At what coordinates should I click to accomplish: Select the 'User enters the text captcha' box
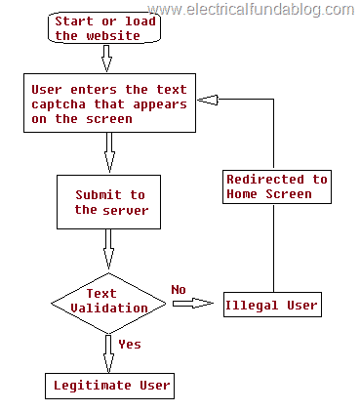tap(107, 103)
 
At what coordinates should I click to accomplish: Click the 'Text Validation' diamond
tap(108, 301)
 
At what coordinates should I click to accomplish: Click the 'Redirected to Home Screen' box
tap(277, 186)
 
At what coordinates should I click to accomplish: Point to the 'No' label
tap(179, 289)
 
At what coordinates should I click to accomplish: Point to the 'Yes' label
tap(130, 345)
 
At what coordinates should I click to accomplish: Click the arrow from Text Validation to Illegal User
tap(193, 305)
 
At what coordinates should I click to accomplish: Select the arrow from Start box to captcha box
tap(107, 59)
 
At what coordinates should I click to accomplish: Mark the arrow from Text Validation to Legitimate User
tap(107, 351)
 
